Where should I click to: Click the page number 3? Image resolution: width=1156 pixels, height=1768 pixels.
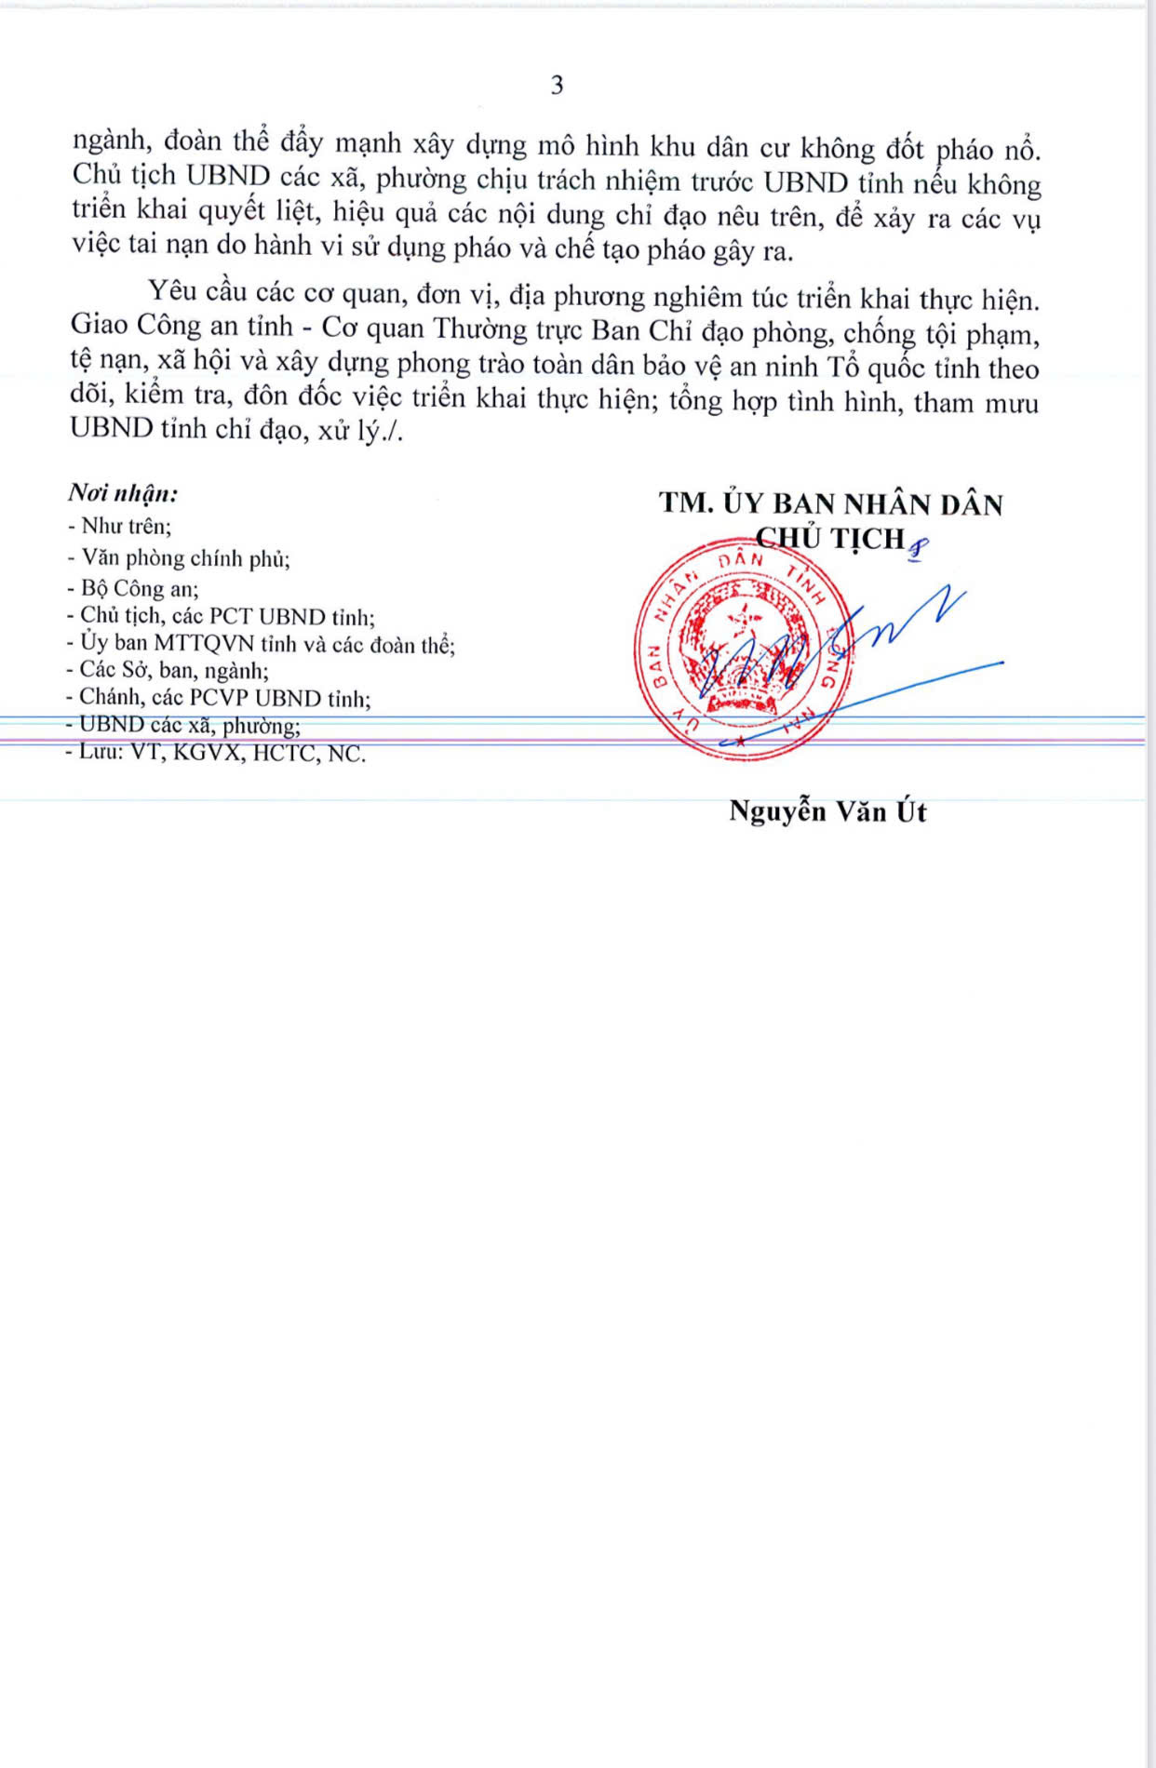pyautogui.click(x=557, y=86)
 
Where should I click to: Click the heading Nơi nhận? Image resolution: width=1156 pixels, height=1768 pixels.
pyautogui.click(x=123, y=492)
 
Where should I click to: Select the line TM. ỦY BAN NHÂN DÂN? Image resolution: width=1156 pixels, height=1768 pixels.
pyautogui.click(x=831, y=503)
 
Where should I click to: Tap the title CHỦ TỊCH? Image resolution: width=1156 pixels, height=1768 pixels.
pyautogui.click(x=830, y=539)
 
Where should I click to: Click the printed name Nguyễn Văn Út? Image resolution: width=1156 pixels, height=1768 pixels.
pyautogui.click(x=827, y=811)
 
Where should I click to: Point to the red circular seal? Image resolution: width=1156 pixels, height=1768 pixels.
pyautogui.click(x=743, y=649)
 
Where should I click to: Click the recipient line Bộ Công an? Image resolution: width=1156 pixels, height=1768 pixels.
pyautogui.click(x=132, y=588)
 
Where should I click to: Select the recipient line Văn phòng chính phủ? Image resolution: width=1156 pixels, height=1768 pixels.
pyautogui.click(x=179, y=558)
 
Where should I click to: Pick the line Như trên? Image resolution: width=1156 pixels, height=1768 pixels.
pyautogui.click(x=120, y=527)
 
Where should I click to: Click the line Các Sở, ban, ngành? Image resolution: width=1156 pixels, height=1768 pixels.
pyautogui.click(x=168, y=670)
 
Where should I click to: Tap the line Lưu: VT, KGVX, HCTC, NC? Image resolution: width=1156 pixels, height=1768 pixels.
pyautogui.click(x=216, y=753)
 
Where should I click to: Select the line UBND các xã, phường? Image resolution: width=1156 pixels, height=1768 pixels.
pyautogui.click(x=183, y=725)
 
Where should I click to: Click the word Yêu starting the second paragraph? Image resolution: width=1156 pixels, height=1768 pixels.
pyautogui.click(x=172, y=291)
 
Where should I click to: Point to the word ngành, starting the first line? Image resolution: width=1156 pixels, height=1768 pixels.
pyautogui.click(x=110, y=141)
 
